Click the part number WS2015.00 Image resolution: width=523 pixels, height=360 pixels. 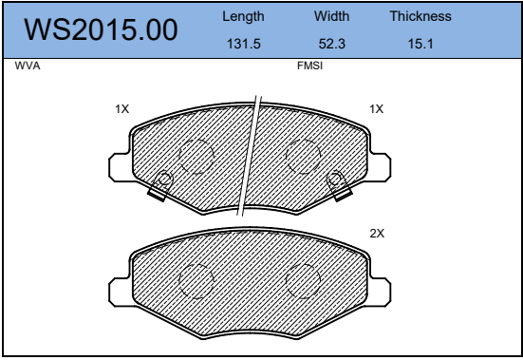[101, 29]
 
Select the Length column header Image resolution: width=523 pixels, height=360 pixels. [243, 17]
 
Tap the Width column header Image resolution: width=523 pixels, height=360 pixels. [331, 16]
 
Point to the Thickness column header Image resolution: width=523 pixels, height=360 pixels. [420, 16]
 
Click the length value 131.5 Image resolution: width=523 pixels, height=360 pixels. [244, 44]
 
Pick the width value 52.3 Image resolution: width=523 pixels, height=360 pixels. [332, 44]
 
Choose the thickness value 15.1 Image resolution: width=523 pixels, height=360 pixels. [420, 44]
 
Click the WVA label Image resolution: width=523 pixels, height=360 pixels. [28, 66]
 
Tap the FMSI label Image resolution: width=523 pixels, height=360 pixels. [309, 66]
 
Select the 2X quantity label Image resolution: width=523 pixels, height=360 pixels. [377, 234]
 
